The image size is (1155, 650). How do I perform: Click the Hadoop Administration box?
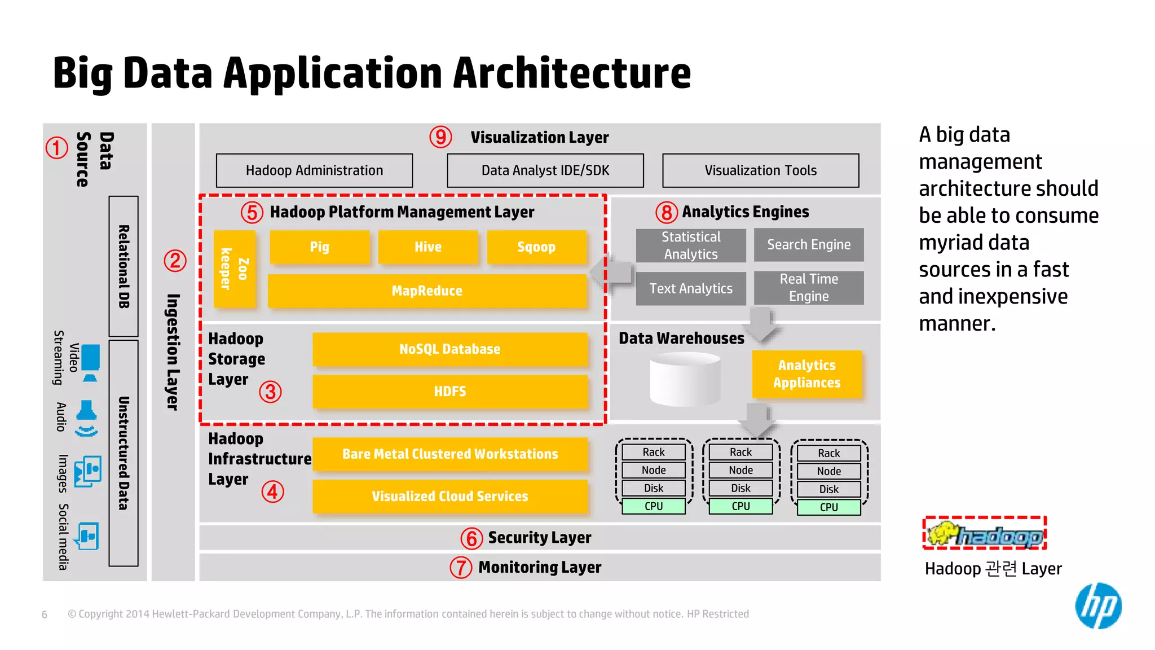pos(314,170)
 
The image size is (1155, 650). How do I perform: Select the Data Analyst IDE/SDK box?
pos(545,170)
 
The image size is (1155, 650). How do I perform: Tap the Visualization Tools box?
pos(760,170)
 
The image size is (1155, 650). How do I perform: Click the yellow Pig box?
pos(319,247)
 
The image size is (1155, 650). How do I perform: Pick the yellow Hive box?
pos(428,247)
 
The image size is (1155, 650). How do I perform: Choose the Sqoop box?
pos(536,247)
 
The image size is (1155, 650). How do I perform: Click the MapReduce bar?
pos(427,291)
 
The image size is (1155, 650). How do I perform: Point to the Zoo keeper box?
pos(235,269)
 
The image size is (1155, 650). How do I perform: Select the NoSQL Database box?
pos(449,349)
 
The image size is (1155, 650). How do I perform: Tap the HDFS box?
pos(449,392)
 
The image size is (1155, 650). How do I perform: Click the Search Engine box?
pos(808,245)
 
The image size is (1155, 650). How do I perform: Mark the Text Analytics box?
pos(690,289)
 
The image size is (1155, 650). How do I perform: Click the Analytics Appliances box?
pos(806,374)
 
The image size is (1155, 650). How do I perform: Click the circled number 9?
pos(440,137)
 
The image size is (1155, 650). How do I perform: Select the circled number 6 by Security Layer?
pos(471,538)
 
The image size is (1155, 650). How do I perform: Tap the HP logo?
pos(1097,606)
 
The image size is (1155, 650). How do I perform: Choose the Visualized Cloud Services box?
pos(449,497)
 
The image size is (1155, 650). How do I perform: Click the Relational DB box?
pos(124,266)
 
